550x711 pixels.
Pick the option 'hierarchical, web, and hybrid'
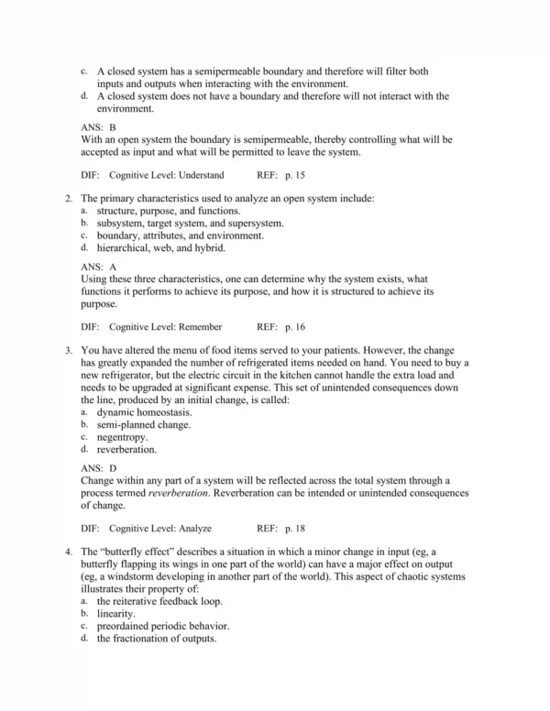point(153,247)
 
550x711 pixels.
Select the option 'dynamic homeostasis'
point(144,412)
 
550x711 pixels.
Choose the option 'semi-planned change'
point(144,425)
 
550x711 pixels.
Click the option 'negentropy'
point(122,438)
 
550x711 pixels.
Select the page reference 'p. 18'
point(293,529)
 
